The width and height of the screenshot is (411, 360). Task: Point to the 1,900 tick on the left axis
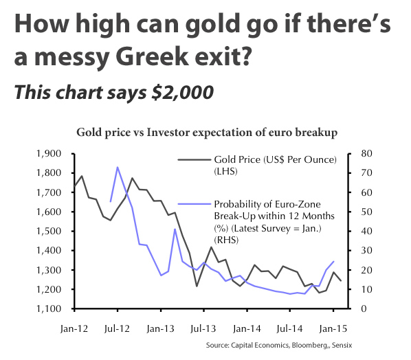click(48, 153)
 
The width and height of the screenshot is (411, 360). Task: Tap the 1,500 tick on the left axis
click(48, 231)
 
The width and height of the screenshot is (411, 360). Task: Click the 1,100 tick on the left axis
click(48, 308)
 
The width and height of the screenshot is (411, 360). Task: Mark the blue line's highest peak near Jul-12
click(118, 167)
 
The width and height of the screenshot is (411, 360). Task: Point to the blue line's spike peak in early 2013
click(175, 229)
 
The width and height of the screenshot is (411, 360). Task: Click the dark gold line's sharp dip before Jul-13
click(197, 286)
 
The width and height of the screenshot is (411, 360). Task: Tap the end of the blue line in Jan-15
click(333, 261)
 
